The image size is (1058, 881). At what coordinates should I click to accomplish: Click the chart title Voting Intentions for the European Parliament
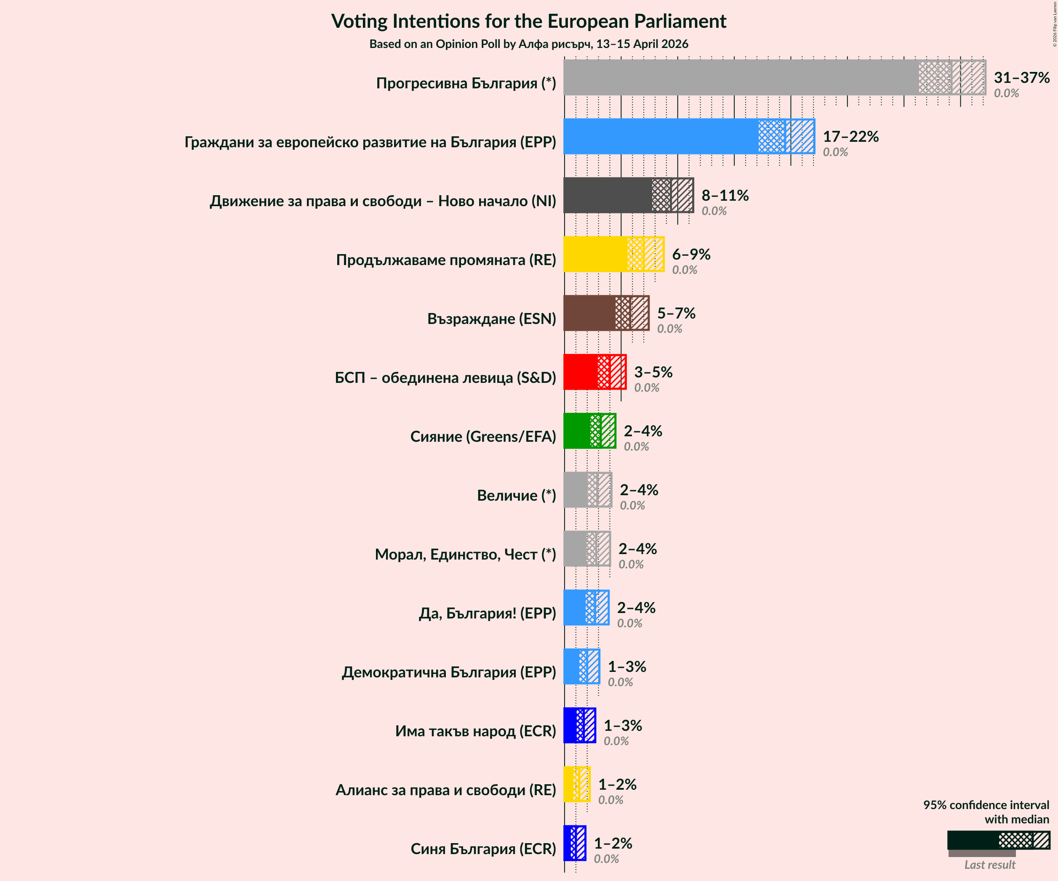(x=528, y=21)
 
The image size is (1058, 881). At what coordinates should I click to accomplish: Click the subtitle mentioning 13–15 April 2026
(x=528, y=44)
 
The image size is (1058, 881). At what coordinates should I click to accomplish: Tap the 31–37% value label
(x=1021, y=78)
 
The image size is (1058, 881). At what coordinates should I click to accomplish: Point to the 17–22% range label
(x=850, y=136)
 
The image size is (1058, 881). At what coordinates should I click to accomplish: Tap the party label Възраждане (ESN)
(x=491, y=318)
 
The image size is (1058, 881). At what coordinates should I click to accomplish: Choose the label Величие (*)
(x=517, y=495)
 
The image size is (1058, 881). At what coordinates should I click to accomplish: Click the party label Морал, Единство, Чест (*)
(x=465, y=554)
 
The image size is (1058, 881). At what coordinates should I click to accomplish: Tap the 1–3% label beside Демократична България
(x=627, y=666)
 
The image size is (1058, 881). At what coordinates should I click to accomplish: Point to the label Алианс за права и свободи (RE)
(x=445, y=790)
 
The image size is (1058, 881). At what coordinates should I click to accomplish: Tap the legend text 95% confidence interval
(x=986, y=805)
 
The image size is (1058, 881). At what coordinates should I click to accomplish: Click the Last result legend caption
(x=989, y=865)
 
